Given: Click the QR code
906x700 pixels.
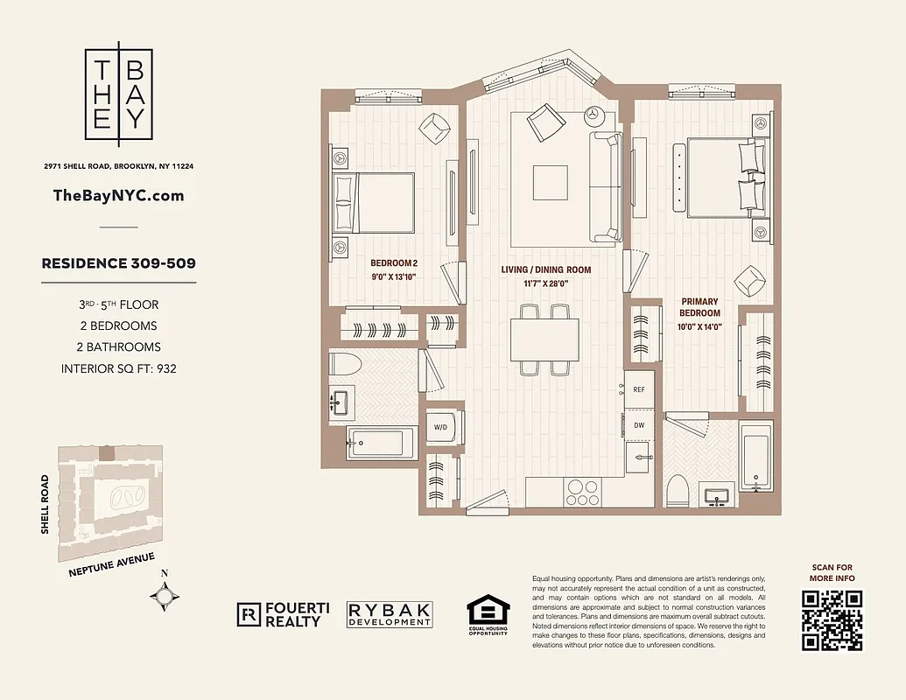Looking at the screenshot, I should tap(832, 619).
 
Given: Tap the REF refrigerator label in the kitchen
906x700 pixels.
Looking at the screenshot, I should tap(638, 390).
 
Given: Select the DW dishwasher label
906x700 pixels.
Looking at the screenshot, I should tap(638, 424).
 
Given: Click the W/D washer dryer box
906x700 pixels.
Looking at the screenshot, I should tap(440, 428).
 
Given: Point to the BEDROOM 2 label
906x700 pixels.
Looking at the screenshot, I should tap(394, 263).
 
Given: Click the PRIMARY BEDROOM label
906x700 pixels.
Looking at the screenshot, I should tap(700, 307).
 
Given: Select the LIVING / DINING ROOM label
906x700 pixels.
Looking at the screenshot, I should tap(545, 270).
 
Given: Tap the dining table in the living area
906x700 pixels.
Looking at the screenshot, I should tap(544, 339).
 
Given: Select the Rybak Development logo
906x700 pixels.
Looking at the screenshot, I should tap(390, 614).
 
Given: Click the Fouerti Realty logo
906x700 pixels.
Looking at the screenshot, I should tap(279, 614).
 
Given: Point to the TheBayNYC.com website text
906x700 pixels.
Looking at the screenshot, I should tap(119, 196).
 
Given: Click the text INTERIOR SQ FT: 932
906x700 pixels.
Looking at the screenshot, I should tap(119, 368).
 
